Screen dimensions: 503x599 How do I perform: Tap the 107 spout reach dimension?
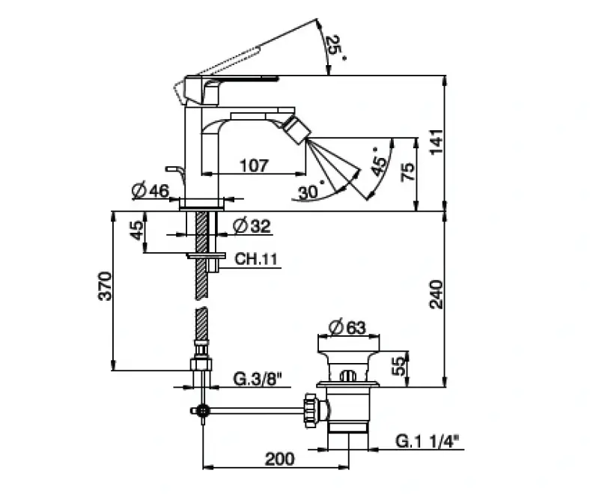coord(255,166)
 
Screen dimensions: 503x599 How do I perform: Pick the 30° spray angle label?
coord(311,192)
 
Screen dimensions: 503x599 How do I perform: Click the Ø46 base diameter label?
coord(150,192)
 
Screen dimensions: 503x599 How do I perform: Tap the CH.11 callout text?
coord(257,259)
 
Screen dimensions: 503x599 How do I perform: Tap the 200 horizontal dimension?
coord(279,458)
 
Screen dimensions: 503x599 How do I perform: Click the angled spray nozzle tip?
coord(299,132)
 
